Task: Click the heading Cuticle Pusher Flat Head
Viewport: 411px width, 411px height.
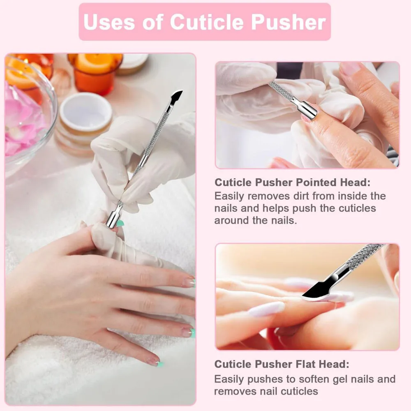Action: tap(282, 364)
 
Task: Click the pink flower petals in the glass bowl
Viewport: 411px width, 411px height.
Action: tap(23, 119)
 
